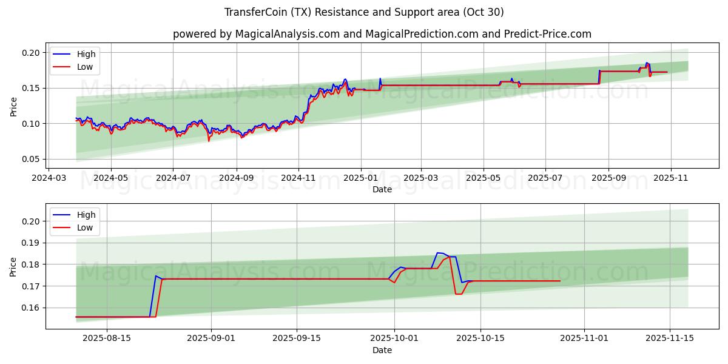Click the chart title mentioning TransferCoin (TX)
pyautogui.click(x=364, y=12)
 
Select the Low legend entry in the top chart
pyautogui.click(x=85, y=67)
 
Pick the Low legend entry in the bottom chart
pyautogui.click(x=85, y=227)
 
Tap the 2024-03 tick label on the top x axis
pyautogui.click(x=49, y=179)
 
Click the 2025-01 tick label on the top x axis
pyautogui.click(x=361, y=179)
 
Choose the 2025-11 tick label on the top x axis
pyautogui.click(x=671, y=179)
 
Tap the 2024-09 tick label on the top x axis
pyautogui.click(x=236, y=179)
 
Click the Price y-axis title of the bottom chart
pyautogui.click(x=13, y=266)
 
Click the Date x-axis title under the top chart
pyautogui.click(x=382, y=189)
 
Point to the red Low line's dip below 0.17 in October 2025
pyautogui.click(x=459, y=294)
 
